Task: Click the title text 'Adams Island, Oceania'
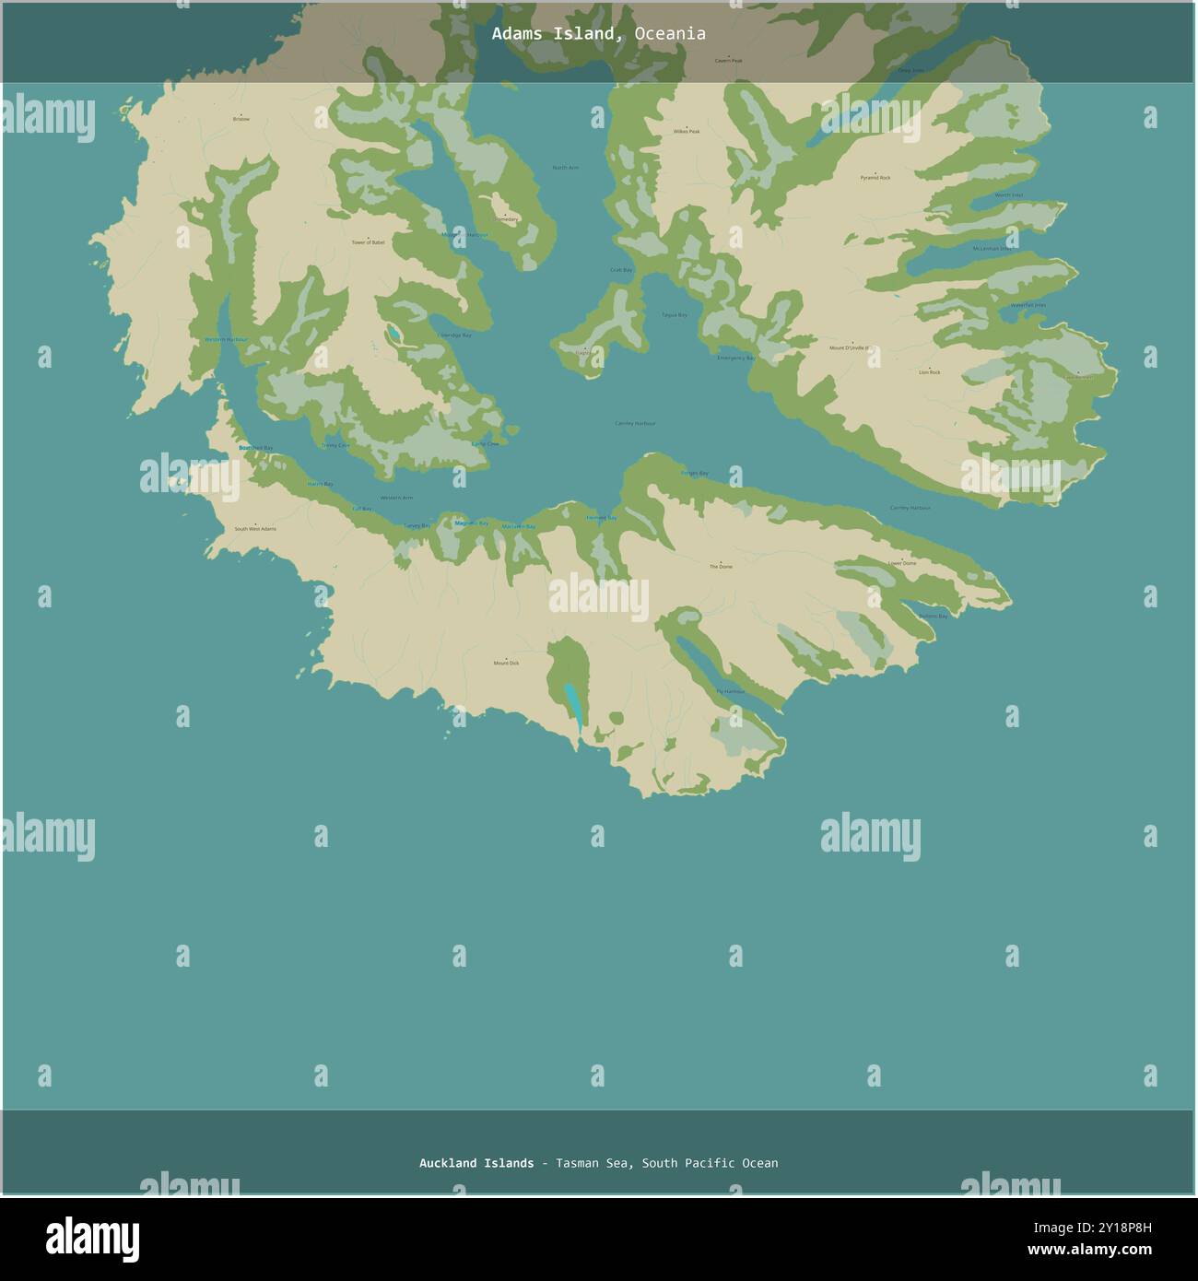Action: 598,34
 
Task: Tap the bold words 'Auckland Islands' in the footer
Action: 476,1163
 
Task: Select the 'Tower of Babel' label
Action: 368,242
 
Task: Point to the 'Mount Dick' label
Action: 506,664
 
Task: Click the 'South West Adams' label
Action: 254,529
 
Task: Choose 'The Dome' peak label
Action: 721,567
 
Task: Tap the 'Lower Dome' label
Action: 902,563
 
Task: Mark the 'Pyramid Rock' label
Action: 875,177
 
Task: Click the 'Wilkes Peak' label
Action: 687,132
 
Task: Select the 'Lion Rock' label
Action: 929,372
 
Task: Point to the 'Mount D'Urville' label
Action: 849,348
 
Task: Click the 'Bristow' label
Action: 241,119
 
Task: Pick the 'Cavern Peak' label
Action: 728,61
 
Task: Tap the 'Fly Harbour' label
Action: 730,691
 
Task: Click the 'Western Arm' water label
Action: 396,499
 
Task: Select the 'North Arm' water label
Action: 565,168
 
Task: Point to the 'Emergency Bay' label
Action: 735,358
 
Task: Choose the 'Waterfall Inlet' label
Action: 1028,305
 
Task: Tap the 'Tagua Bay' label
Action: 674,315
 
